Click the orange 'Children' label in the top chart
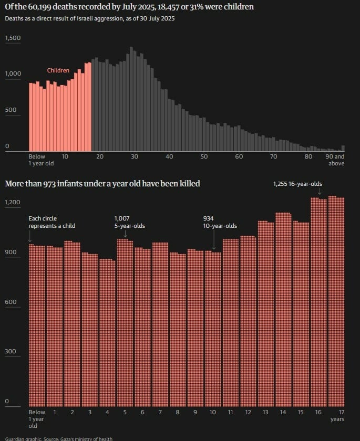[58, 70]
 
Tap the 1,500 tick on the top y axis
[13, 38]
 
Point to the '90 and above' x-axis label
[335, 160]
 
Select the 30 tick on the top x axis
[135, 157]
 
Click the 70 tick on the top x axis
[273, 157]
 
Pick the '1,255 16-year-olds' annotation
[297, 184]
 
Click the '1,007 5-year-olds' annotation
[129, 222]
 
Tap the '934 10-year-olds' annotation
[220, 222]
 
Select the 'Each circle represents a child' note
[52, 222]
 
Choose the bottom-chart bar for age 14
[283, 310]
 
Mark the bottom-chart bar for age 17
[336, 301]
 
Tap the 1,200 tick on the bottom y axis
[13, 202]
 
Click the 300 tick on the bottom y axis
[11, 352]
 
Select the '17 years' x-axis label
[338, 416]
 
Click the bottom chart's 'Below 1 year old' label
[37, 419]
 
